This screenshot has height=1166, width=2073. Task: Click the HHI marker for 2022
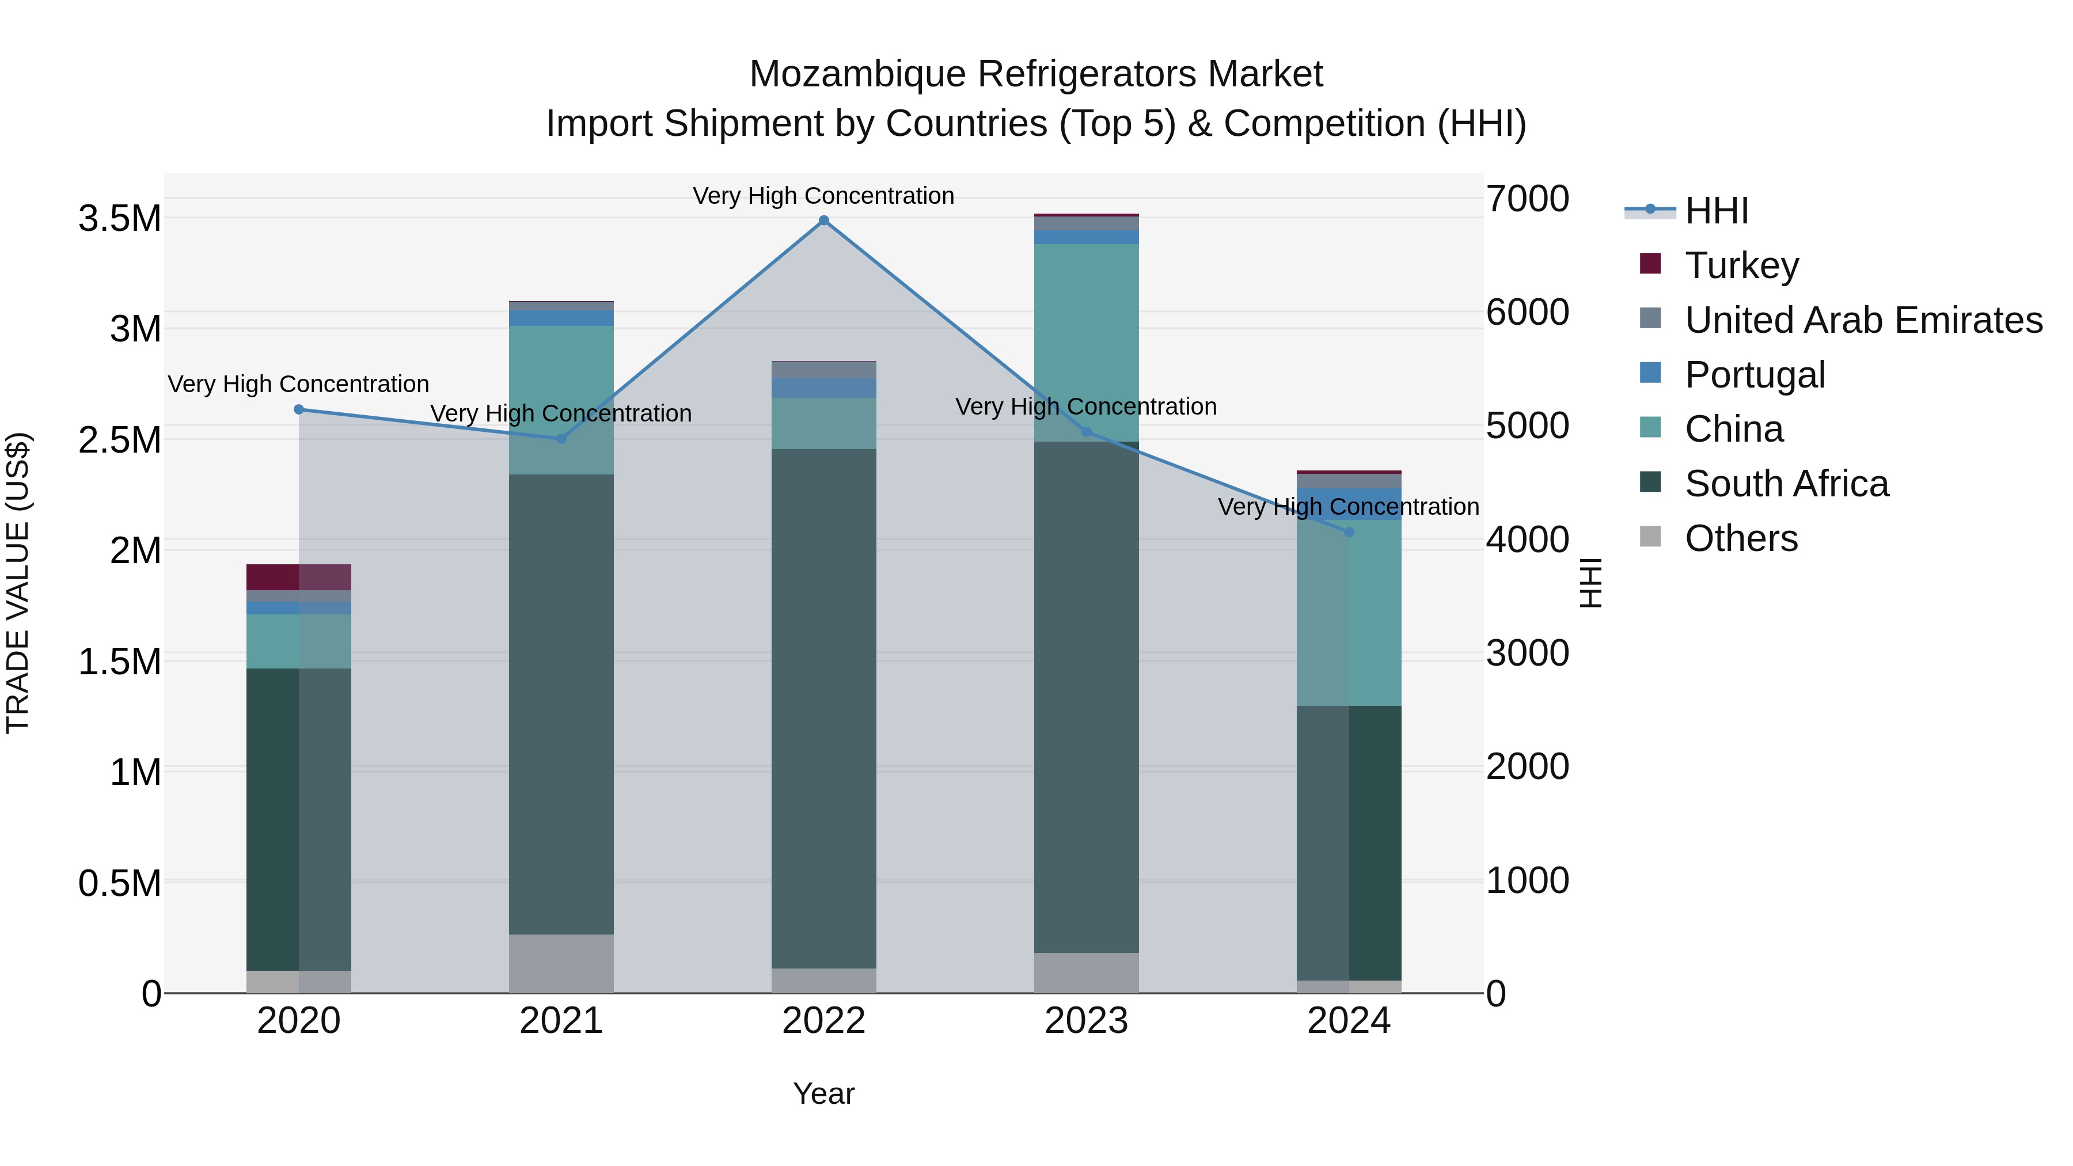coord(823,221)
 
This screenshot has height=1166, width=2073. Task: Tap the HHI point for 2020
coord(298,409)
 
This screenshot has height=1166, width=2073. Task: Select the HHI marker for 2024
coord(1349,532)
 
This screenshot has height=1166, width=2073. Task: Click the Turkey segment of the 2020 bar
coord(298,577)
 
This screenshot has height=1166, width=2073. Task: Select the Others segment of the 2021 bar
coord(561,963)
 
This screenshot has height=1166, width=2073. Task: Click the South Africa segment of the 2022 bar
coord(823,708)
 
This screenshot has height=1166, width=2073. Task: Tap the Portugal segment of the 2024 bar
coord(1349,504)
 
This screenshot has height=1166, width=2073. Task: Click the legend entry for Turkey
coord(1741,265)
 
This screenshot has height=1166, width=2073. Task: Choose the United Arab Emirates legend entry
coord(1863,320)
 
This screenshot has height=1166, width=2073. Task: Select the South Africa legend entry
coord(1786,484)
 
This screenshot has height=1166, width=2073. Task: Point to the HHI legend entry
coord(1716,211)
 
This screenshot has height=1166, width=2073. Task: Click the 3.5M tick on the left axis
coord(120,219)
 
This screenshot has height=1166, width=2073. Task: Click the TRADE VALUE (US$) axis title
coord(18,583)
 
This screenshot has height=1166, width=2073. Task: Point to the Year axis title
coord(823,1093)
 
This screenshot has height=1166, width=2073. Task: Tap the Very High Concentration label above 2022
coord(823,196)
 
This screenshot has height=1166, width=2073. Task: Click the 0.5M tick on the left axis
coord(120,883)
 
